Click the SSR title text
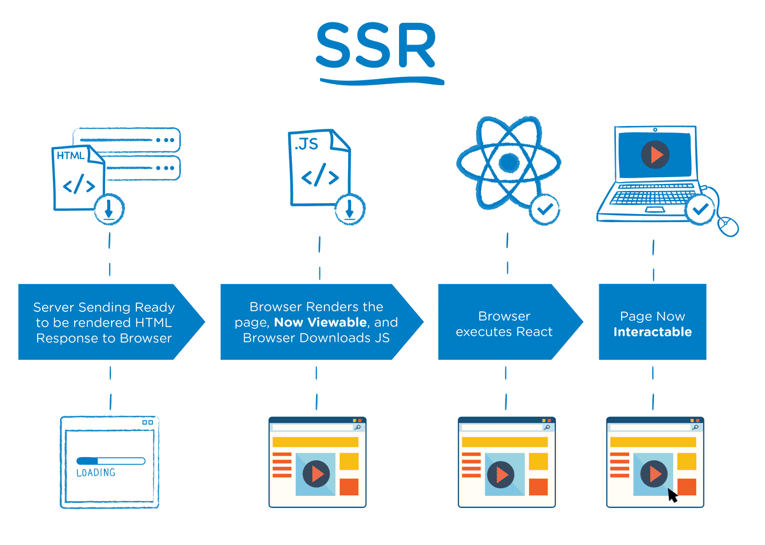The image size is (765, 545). click(376, 46)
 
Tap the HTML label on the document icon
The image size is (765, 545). click(70, 156)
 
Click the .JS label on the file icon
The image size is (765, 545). click(306, 145)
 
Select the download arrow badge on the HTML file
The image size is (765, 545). click(109, 209)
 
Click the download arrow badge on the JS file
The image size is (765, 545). click(349, 208)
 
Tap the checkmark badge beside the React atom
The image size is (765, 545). click(545, 208)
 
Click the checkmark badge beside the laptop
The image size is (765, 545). click(700, 208)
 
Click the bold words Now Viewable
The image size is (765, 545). click(320, 322)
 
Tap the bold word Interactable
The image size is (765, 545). click(652, 332)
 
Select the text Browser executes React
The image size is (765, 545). click(504, 324)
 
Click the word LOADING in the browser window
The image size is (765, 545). click(96, 473)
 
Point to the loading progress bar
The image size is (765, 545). click(110, 460)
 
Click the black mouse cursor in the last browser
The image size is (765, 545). click(672, 495)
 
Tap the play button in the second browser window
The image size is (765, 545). click(316, 474)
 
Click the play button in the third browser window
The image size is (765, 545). click(504, 474)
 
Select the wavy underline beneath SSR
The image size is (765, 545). click(381, 81)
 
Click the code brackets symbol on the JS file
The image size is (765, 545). click(319, 177)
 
